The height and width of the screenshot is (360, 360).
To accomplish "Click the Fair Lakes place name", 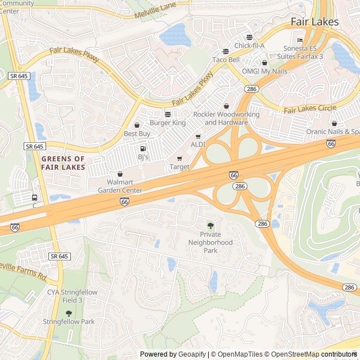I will pos(314,22).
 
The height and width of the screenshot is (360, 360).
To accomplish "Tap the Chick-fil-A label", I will pos(249,46).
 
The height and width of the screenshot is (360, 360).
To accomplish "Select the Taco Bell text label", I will pos(226,60).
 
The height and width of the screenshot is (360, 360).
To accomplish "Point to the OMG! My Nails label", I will pos(264,71).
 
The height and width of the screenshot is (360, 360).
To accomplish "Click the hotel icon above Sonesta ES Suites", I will pos(300,40).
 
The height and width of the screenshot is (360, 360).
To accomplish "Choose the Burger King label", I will pos(167,123).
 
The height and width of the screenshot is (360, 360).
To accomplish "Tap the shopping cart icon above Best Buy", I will pos(137,125).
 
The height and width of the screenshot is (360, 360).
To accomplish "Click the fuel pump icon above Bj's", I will pos(142,148).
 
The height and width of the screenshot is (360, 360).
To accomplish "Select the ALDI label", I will pos(198,145).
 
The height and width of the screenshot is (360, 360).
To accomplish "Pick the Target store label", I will pos(179,167).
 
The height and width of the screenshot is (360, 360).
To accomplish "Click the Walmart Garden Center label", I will pos(120,186).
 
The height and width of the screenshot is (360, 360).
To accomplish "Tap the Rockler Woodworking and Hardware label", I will pos(226,118).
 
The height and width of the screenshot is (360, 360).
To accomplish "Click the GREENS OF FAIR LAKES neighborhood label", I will pos(63,163).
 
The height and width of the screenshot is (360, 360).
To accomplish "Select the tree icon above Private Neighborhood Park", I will pos(210,226).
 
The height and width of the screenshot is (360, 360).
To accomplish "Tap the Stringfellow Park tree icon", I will pos(69,313).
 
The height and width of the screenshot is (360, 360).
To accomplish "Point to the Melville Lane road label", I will pos(155,12).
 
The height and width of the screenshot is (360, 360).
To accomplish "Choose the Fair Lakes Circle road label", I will pos(310,109).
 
